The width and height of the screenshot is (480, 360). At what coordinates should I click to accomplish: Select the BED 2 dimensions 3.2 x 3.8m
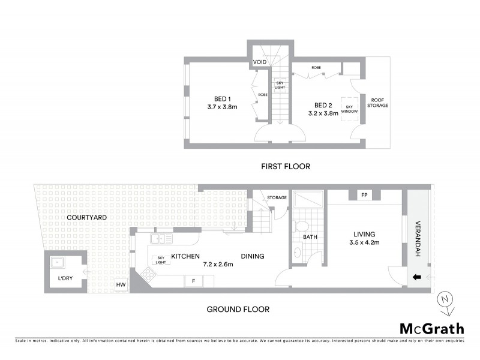point(323,112)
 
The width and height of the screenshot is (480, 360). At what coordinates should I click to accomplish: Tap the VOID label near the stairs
point(260,62)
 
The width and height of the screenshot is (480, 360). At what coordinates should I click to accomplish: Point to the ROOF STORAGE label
point(378,103)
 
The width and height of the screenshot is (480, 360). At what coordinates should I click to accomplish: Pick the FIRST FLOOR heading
point(286,166)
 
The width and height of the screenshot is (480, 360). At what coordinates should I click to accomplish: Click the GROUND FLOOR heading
point(238,310)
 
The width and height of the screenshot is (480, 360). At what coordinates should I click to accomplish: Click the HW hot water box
point(121,285)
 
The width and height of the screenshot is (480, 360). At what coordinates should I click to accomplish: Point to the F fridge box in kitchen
point(193,281)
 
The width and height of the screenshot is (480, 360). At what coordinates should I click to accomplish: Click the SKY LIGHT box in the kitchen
point(160,259)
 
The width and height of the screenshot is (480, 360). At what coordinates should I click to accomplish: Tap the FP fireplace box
point(364,196)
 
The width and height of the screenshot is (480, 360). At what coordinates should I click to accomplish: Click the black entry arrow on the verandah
point(416,278)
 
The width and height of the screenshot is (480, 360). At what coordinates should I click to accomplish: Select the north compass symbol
point(444,301)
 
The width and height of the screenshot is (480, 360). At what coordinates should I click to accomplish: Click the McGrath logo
point(431,328)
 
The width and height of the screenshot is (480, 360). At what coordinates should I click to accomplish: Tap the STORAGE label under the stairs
point(277,197)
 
